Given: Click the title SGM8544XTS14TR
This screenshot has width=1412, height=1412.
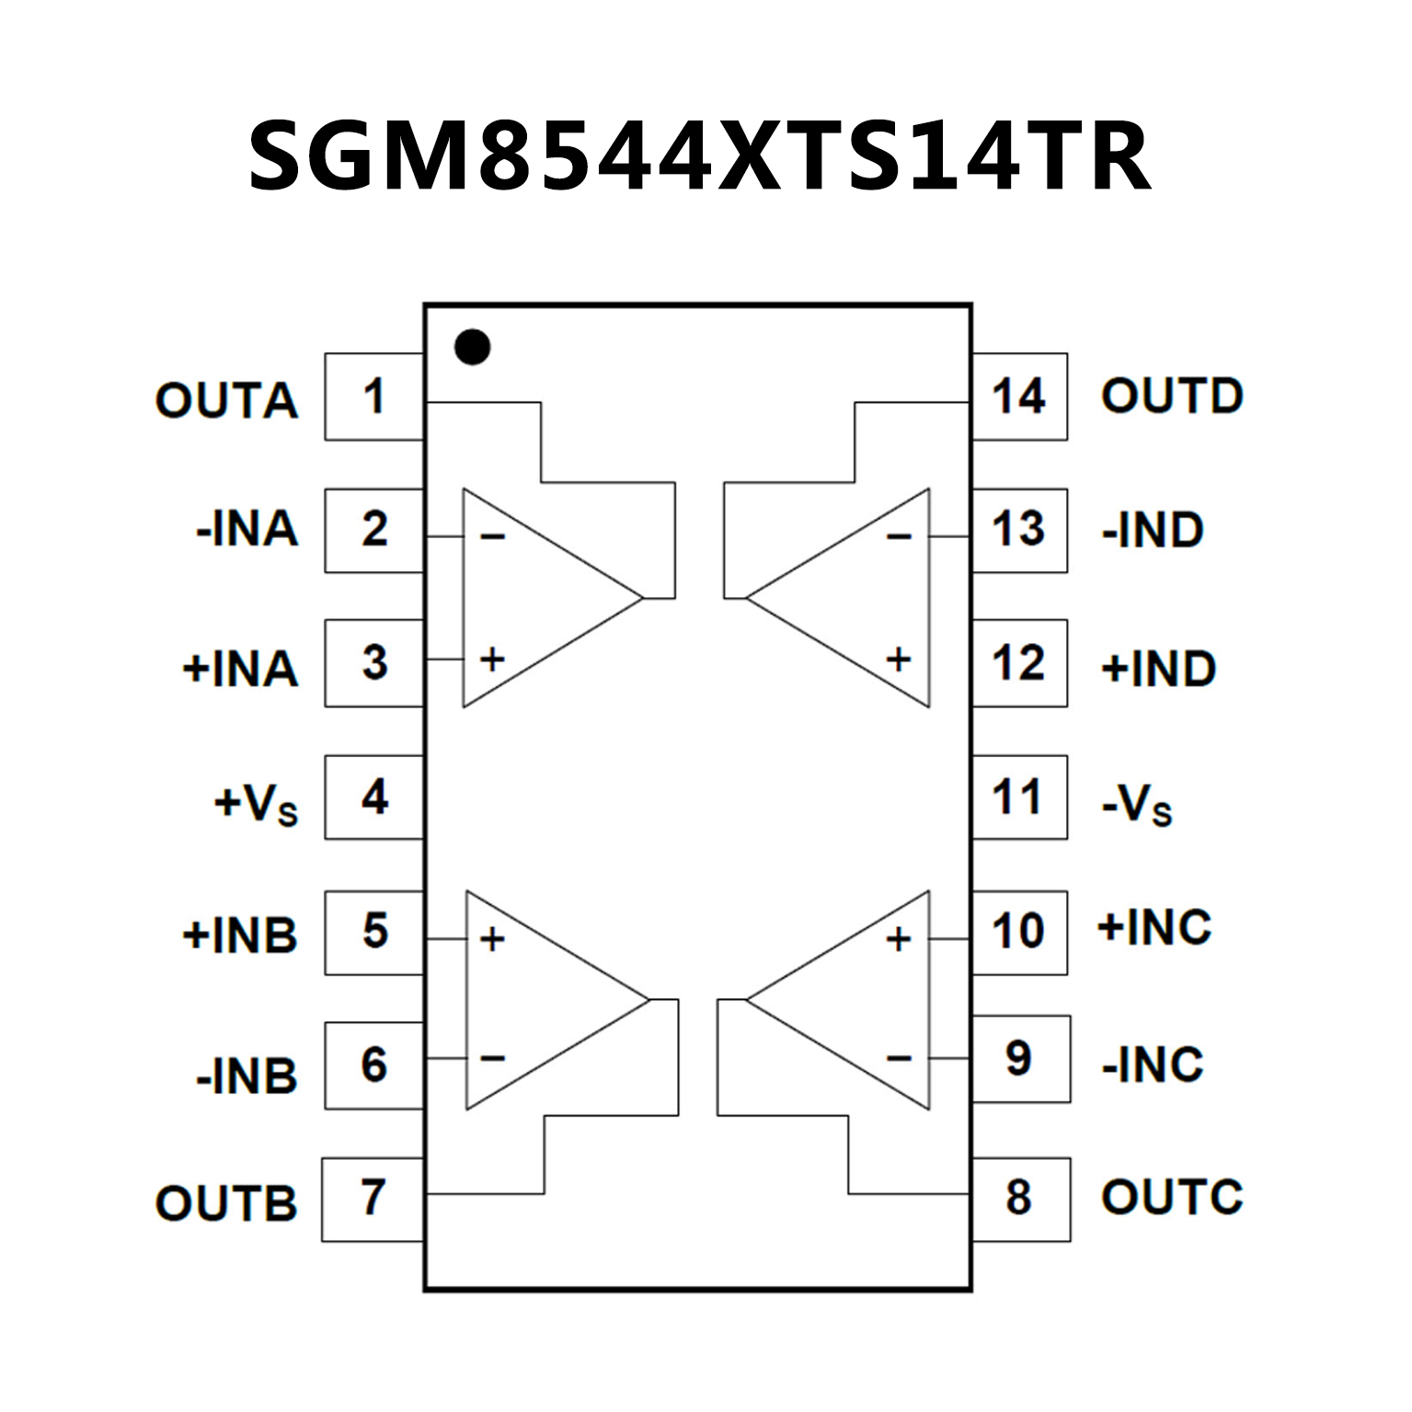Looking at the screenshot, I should coord(699,156).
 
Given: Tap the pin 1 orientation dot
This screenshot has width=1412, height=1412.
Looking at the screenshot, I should coord(473,347).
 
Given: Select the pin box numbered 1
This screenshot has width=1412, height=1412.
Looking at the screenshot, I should coord(373,396).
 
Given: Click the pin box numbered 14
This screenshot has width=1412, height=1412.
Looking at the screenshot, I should coord(1019,396).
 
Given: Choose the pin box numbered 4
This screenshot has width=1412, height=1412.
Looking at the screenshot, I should coord(373,797).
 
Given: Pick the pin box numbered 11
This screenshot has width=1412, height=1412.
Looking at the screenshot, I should coord(1019,797).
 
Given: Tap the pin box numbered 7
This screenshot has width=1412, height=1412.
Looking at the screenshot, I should coord(373,1199).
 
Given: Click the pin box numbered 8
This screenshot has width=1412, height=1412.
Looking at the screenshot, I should coord(1020,1199).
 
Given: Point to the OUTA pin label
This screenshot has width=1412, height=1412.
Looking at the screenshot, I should coord(226,401).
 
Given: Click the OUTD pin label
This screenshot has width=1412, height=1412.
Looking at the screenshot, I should coord(1172,396).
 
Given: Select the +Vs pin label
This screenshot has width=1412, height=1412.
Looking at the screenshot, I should coord(256,803).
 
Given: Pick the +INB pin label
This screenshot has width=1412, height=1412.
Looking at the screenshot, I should coord(240,936).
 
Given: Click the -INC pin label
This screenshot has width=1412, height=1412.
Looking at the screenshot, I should coord(1153,1064).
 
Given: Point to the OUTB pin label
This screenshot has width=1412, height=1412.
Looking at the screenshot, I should coord(226,1203).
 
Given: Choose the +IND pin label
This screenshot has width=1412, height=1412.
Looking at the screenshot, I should coord(1159,669).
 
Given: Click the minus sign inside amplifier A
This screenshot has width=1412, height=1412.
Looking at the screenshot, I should coord(493,536).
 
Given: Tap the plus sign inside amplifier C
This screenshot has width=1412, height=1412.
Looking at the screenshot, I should coord(899,939).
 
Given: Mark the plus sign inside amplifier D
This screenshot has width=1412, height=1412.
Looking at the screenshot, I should coord(899,659).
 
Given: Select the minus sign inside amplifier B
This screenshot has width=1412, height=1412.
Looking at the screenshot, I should coord(493,1059).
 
